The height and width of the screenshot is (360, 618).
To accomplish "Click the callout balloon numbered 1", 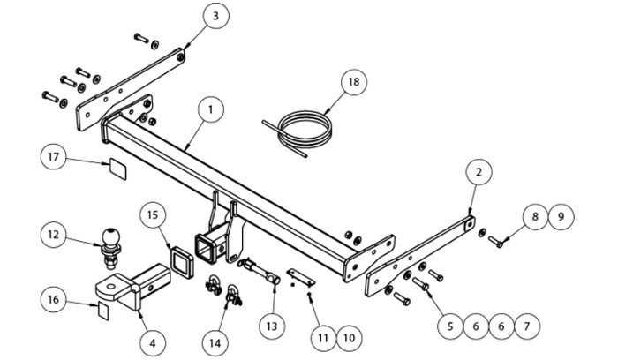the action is pyautogui.click(x=211, y=109).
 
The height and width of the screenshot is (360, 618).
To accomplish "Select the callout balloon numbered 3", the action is pyautogui.click(x=215, y=16).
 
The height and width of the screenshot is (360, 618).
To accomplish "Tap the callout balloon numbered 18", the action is pyautogui.click(x=353, y=82).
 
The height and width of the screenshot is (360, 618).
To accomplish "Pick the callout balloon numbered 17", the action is pyautogui.click(x=53, y=157).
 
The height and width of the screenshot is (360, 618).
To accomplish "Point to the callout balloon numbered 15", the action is pyautogui.click(x=153, y=215).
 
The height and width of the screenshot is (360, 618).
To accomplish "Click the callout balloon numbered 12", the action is pyautogui.click(x=53, y=235).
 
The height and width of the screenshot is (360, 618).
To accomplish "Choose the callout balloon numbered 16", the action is pyautogui.click(x=53, y=299).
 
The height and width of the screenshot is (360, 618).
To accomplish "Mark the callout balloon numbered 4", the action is pyautogui.click(x=153, y=343).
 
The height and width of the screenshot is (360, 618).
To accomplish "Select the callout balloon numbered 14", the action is pyautogui.click(x=215, y=343).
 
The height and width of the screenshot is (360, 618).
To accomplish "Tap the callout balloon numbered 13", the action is pyautogui.click(x=272, y=326).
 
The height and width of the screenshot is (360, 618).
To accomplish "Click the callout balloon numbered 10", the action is pyautogui.click(x=350, y=338).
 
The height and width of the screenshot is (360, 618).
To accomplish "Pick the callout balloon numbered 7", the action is pyautogui.click(x=527, y=326).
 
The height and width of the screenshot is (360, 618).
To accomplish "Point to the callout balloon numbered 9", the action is pyautogui.click(x=561, y=217).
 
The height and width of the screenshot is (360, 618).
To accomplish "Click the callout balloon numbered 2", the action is pyautogui.click(x=479, y=172).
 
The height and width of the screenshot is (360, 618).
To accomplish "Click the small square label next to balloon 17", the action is pyautogui.click(x=117, y=169).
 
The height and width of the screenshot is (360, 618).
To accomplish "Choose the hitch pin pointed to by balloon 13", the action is pyautogui.click(x=259, y=271).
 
